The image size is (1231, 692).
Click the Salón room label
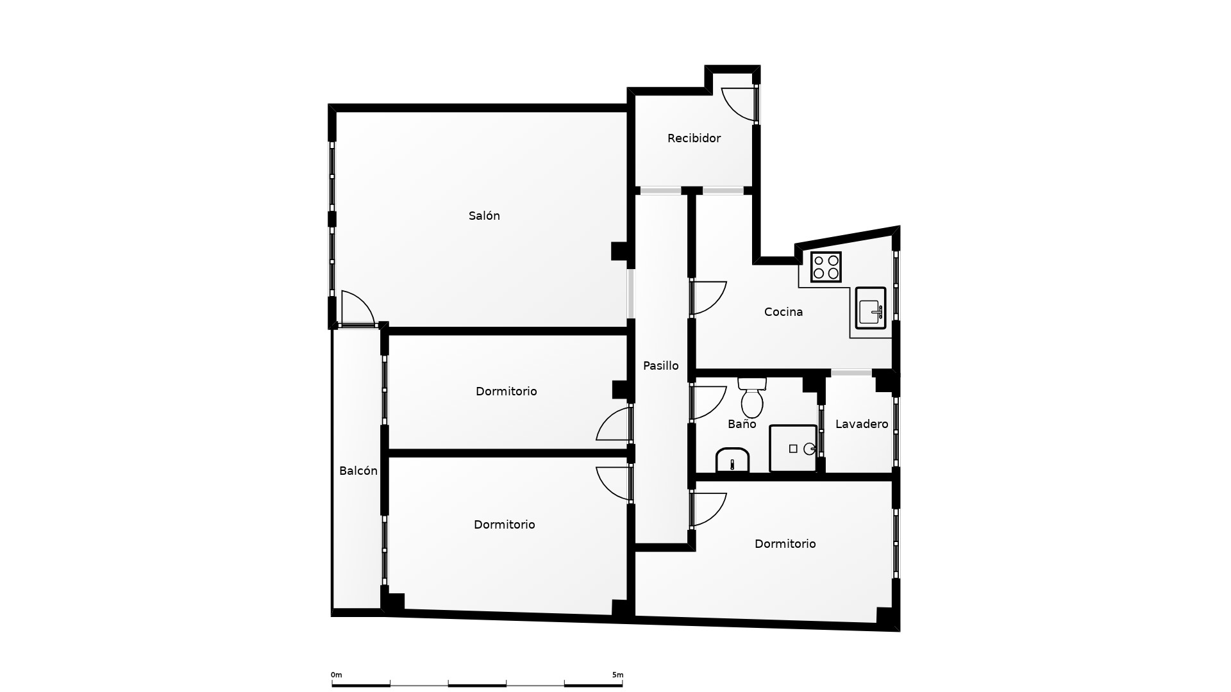[484, 216]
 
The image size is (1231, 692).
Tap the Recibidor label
[694, 138]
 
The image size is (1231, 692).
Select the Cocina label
[783, 312]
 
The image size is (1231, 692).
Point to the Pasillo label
[661, 366]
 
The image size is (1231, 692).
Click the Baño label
[742, 424]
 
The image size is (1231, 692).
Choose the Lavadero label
[862, 424]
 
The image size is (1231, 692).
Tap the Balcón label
[358, 471]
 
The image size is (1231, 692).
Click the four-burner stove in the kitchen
[826, 267]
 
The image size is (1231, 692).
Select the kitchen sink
[871, 308]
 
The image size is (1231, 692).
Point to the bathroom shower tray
[794, 449]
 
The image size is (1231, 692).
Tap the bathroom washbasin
[732, 460]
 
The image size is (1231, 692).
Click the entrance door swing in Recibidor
[739, 104]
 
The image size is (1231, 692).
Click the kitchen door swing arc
[709, 298]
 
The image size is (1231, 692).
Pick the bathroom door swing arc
[709, 404]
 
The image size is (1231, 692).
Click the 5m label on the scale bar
[617, 675]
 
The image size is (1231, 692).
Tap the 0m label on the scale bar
[337, 675]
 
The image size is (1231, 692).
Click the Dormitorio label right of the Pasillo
[785, 544]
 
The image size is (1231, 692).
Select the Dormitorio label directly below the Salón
[507, 391]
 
